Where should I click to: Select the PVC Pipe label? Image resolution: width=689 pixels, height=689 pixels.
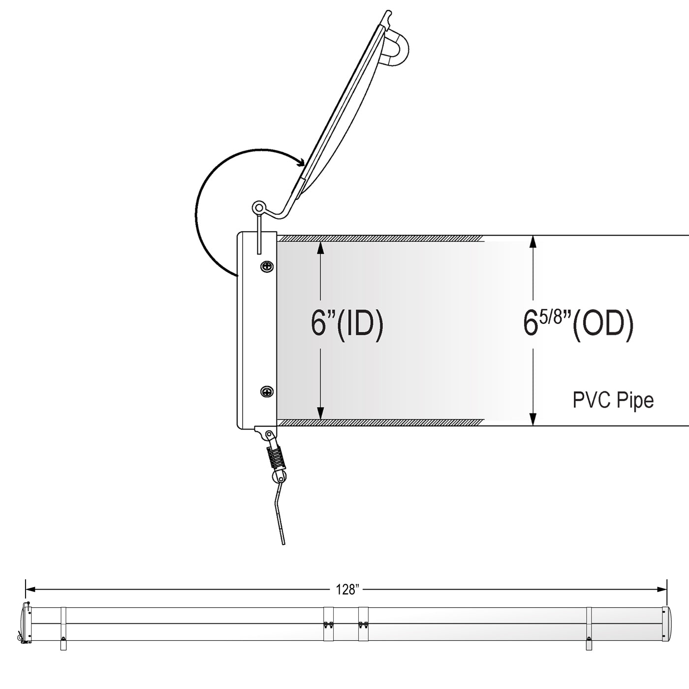point(613,400)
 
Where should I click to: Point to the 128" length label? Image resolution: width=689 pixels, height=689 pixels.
point(347,590)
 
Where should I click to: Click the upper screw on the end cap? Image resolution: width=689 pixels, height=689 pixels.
point(267,266)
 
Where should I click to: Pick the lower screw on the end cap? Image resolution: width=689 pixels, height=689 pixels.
point(267,392)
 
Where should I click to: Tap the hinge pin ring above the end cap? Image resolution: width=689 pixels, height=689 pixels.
point(258,207)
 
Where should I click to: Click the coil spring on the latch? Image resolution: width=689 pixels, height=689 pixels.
point(277,458)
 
